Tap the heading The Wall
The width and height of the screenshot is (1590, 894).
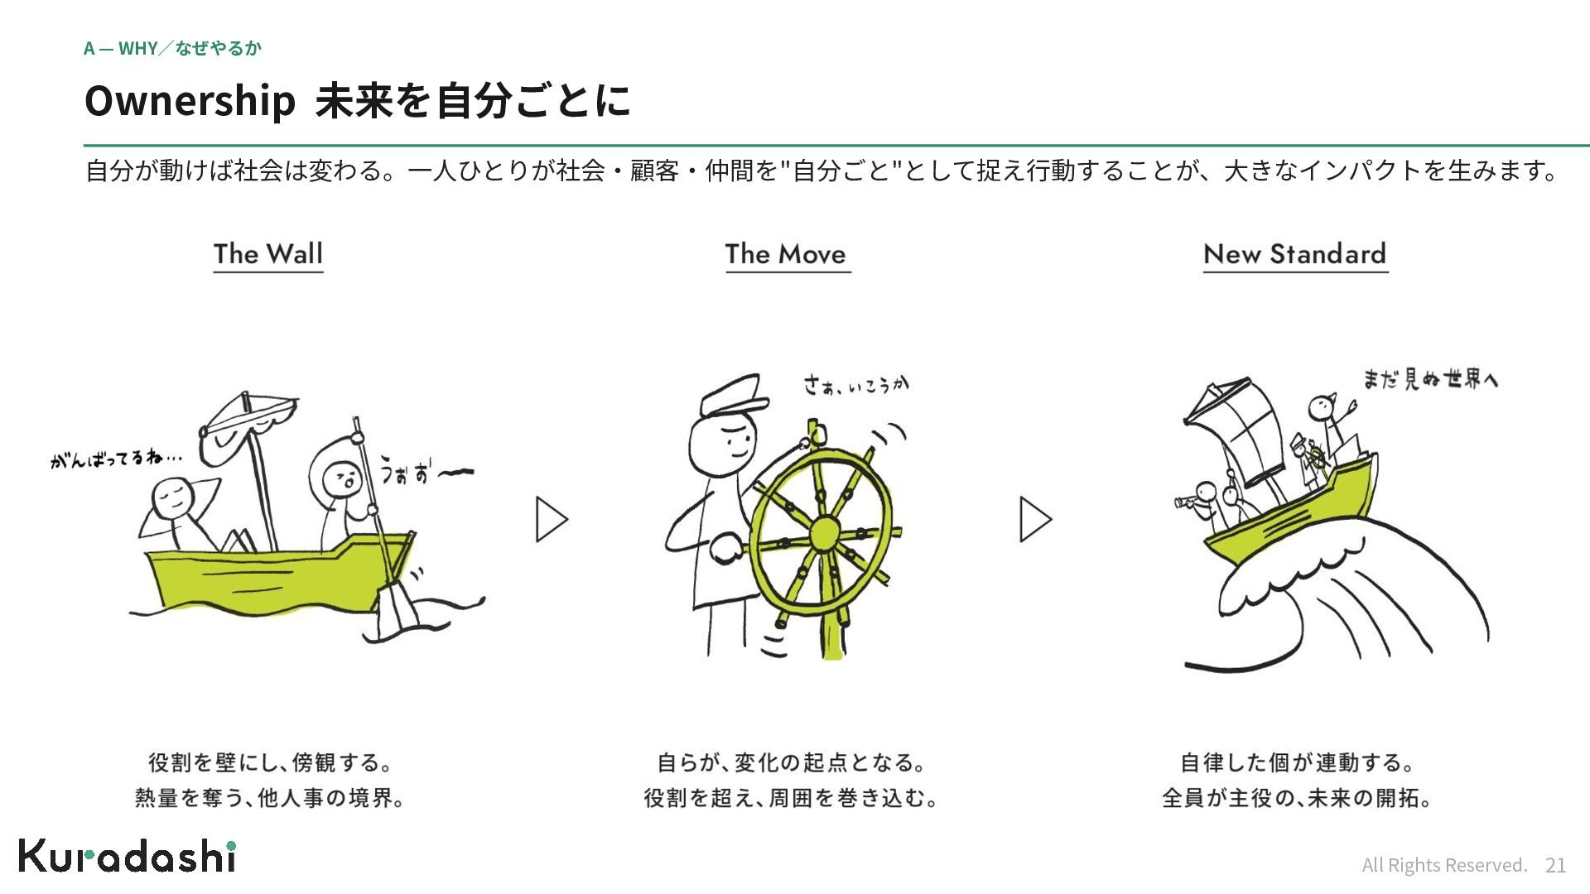pyautogui.click(x=268, y=254)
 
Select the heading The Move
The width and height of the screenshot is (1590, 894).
pyautogui.click(x=786, y=254)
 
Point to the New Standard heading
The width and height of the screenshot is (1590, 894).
pyautogui.click(x=1295, y=254)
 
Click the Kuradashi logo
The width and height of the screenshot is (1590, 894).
pyautogui.click(x=128, y=856)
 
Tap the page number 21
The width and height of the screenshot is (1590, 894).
pyautogui.click(x=1556, y=865)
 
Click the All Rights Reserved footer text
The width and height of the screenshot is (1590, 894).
pyautogui.click(x=1444, y=865)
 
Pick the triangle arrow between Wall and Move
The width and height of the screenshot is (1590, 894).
pyautogui.click(x=552, y=520)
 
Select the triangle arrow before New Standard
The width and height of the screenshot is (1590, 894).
pyautogui.click(x=1035, y=520)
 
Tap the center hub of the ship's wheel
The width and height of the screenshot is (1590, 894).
pyautogui.click(x=825, y=533)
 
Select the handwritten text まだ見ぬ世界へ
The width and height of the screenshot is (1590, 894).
pyautogui.click(x=1431, y=379)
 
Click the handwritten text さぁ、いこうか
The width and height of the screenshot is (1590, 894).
pyautogui.click(x=856, y=384)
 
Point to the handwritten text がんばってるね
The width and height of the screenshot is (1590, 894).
pyautogui.click(x=116, y=458)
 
